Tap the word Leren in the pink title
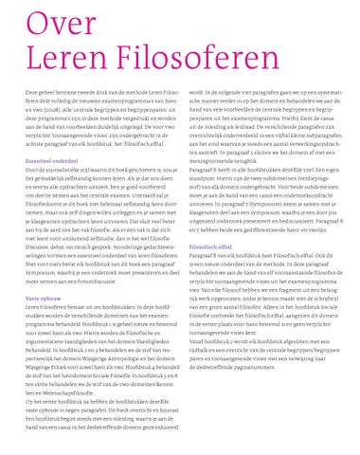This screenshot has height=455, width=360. pyautogui.click(x=57, y=59)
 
